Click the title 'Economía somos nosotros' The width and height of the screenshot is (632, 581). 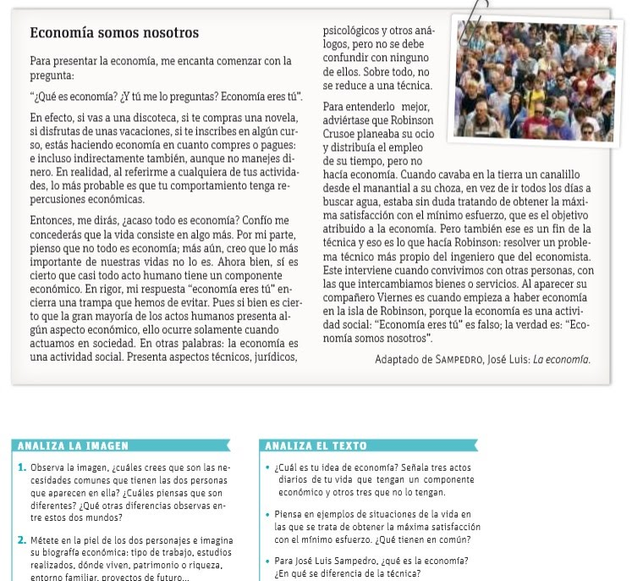pyautogui.click(x=113, y=33)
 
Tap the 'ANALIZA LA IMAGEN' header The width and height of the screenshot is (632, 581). pyautogui.click(x=73, y=445)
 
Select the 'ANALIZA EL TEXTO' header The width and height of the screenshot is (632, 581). pyautogui.click(x=316, y=445)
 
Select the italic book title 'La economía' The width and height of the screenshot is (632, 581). pyautogui.click(x=562, y=359)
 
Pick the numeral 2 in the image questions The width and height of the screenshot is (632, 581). pyautogui.click(x=21, y=539)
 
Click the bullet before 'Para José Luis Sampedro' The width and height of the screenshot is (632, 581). pyautogui.click(x=267, y=561)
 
